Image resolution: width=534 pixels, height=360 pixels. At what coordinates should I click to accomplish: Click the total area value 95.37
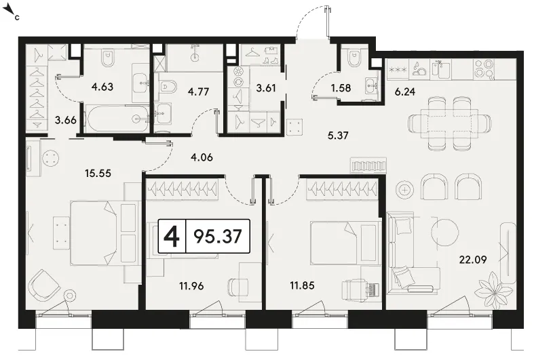point(218,236)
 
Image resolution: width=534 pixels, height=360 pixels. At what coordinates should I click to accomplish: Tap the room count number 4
point(172,236)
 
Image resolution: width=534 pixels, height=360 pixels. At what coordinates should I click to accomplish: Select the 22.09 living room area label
point(473,260)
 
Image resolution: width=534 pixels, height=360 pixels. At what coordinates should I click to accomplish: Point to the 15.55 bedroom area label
point(98,173)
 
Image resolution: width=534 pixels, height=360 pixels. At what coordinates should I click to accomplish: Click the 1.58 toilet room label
point(341,87)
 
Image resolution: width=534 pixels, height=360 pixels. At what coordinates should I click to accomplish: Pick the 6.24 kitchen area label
point(405,92)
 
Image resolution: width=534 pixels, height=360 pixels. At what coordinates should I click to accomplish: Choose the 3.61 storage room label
point(265,87)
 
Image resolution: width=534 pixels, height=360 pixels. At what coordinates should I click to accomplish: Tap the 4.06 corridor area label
point(202,157)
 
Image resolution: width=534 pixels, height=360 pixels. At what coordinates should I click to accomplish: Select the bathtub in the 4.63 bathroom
point(118,119)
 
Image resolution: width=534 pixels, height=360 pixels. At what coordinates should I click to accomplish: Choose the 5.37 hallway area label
point(338,136)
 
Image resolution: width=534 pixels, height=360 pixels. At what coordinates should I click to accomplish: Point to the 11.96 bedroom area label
point(191,286)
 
